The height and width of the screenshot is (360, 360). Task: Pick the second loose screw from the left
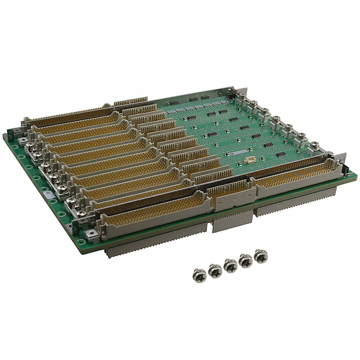(x=215, y=271)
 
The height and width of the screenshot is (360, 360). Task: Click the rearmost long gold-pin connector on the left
(x=67, y=115)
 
